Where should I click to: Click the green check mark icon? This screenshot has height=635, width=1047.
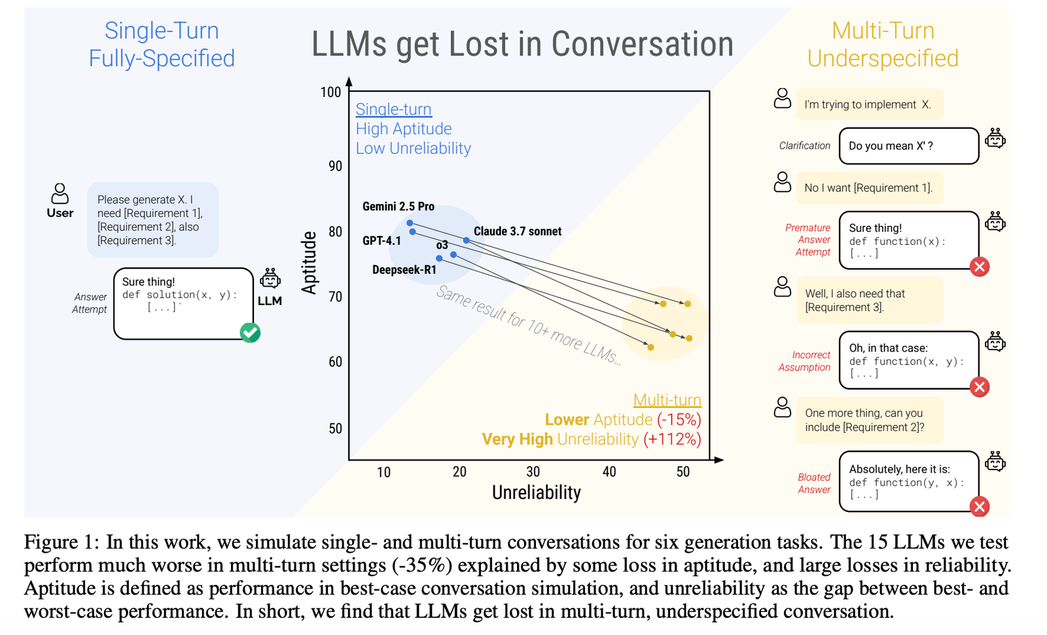[250, 333]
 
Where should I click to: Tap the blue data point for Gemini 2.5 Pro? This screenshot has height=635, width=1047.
[410, 223]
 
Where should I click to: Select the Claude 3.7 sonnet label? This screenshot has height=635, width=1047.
[518, 232]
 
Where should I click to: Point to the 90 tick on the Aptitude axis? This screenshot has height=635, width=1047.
[335, 166]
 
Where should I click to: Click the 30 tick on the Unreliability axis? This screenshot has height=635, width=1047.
[533, 472]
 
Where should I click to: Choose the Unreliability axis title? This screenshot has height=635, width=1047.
[536, 492]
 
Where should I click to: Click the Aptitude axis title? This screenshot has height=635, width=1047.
[309, 263]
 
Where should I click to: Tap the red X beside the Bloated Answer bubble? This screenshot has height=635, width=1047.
[979, 507]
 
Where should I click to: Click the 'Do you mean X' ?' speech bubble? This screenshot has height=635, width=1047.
[909, 146]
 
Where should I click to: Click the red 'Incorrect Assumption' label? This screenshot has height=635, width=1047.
[804, 361]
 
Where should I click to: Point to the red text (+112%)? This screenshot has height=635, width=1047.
[672, 439]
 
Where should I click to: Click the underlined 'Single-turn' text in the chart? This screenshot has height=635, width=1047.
[393, 109]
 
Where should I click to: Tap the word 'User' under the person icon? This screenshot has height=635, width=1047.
[60, 213]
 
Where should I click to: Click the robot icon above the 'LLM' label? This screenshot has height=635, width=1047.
[270, 278]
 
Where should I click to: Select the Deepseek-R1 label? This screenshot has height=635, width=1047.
[404, 270]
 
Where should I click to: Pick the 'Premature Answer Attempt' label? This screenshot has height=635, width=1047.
[807, 240]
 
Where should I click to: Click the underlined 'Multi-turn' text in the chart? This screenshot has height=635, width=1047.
[667, 400]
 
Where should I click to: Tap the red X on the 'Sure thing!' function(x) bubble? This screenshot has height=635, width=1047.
[979, 267]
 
